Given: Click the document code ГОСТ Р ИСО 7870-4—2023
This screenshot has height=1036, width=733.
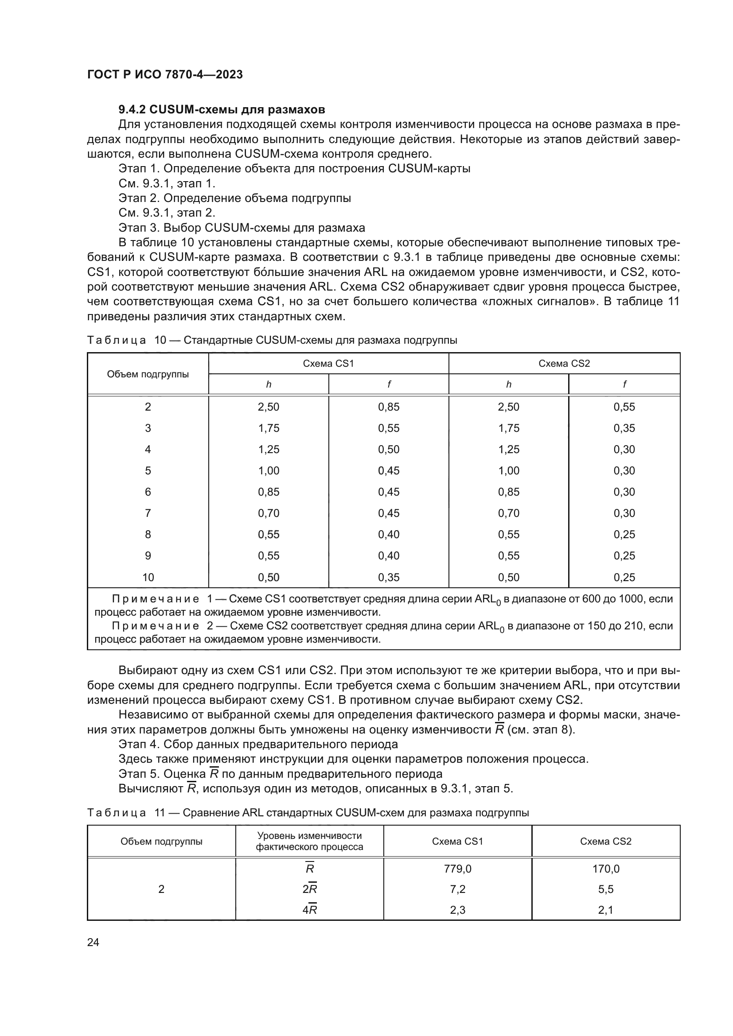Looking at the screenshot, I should [165, 74].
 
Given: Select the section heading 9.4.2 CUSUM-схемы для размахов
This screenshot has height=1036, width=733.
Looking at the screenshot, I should [222, 110].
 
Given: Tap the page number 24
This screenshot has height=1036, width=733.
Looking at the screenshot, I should [93, 942].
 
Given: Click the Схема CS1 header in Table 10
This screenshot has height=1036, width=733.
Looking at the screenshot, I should [328, 364].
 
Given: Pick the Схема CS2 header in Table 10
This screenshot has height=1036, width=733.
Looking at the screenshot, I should [564, 364].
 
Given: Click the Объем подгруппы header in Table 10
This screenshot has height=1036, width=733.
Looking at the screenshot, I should [148, 374].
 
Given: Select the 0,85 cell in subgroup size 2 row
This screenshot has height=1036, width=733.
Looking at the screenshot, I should [389, 407].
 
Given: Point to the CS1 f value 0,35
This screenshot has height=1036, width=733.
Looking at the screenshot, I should [389, 577].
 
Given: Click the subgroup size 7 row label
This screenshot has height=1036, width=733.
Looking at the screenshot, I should [148, 513].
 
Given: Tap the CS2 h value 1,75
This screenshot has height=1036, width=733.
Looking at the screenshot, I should [509, 428].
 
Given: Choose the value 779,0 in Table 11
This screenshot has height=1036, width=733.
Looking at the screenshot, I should [457, 869].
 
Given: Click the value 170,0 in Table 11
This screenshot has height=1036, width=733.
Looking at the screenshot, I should [606, 869].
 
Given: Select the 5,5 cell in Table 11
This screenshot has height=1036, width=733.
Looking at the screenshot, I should [606, 889].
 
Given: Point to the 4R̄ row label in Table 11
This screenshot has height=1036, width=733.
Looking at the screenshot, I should [310, 910].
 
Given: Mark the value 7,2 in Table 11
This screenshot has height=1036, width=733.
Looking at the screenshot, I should [457, 889].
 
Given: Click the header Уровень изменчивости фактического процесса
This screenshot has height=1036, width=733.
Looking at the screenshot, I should [309, 841].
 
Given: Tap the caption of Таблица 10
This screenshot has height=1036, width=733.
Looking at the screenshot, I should [272, 340].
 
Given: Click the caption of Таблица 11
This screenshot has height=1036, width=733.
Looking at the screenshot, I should [308, 813].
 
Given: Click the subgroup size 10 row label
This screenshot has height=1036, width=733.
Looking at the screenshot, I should [148, 577].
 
